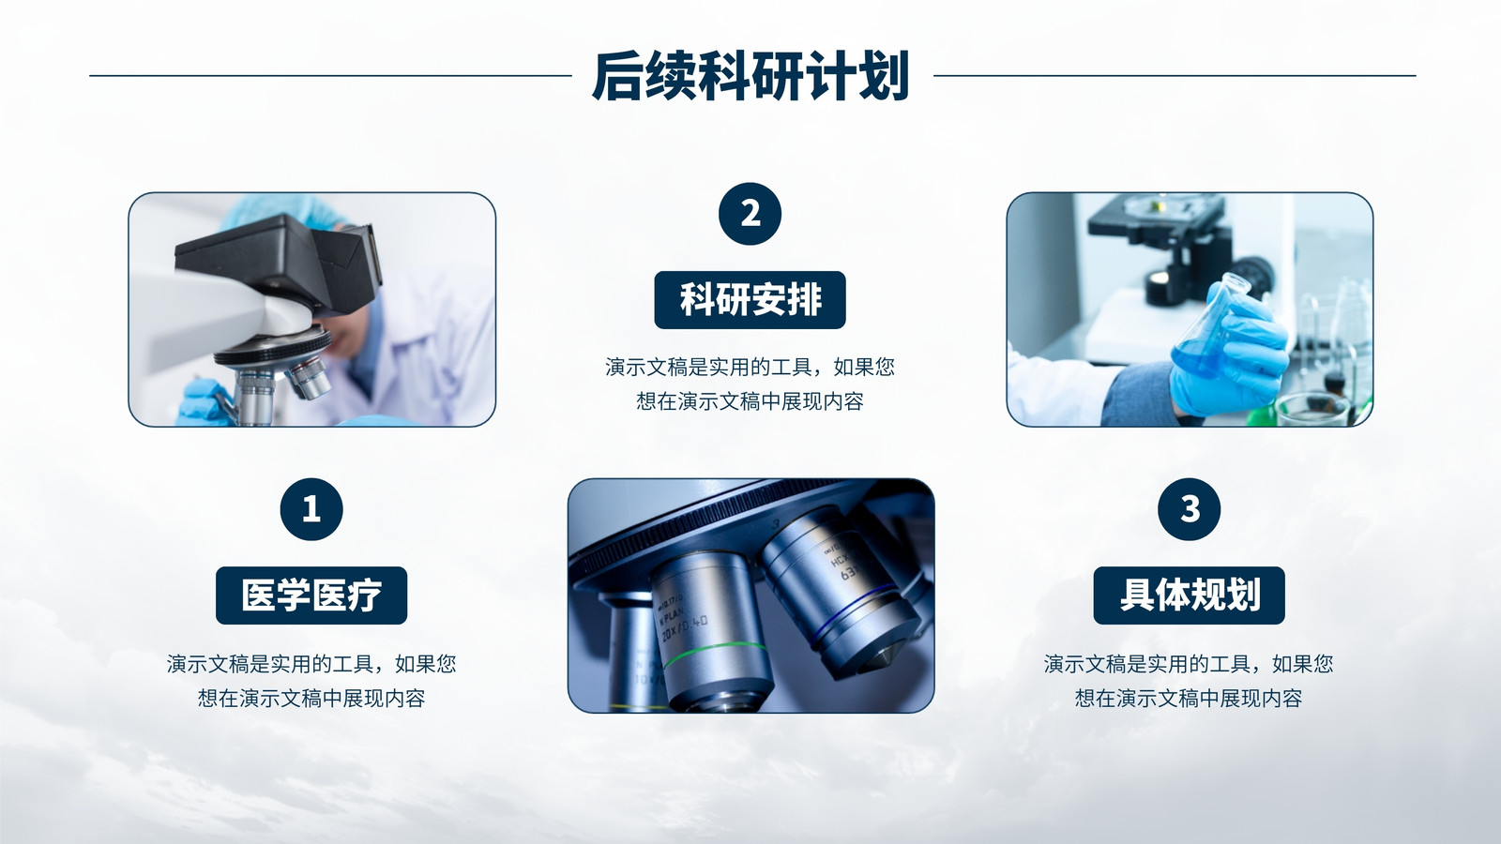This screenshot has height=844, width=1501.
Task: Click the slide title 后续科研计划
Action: click(x=750, y=76)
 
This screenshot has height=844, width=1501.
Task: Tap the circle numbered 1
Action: click(x=311, y=509)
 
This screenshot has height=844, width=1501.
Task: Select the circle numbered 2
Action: click(x=750, y=214)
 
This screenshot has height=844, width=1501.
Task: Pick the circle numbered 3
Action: click(x=1190, y=509)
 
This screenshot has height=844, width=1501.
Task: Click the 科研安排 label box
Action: click(x=750, y=299)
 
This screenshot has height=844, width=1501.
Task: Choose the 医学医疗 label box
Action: click(x=311, y=595)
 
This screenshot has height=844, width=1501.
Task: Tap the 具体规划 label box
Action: click(x=1190, y=595)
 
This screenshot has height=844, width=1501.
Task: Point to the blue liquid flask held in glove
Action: click(x=1206, y=328)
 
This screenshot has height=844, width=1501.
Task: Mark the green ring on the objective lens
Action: click(x=714, y=651)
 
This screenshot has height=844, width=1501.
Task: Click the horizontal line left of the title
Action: click(x=330, y=76)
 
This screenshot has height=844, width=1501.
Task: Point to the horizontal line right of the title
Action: click(x=1175, y=76)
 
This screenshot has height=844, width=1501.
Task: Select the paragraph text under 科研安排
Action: click(x=750, y=384)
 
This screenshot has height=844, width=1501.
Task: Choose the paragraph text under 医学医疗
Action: click(x=311, y=681)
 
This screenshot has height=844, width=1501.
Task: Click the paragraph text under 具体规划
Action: click(x=1189, y=681)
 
